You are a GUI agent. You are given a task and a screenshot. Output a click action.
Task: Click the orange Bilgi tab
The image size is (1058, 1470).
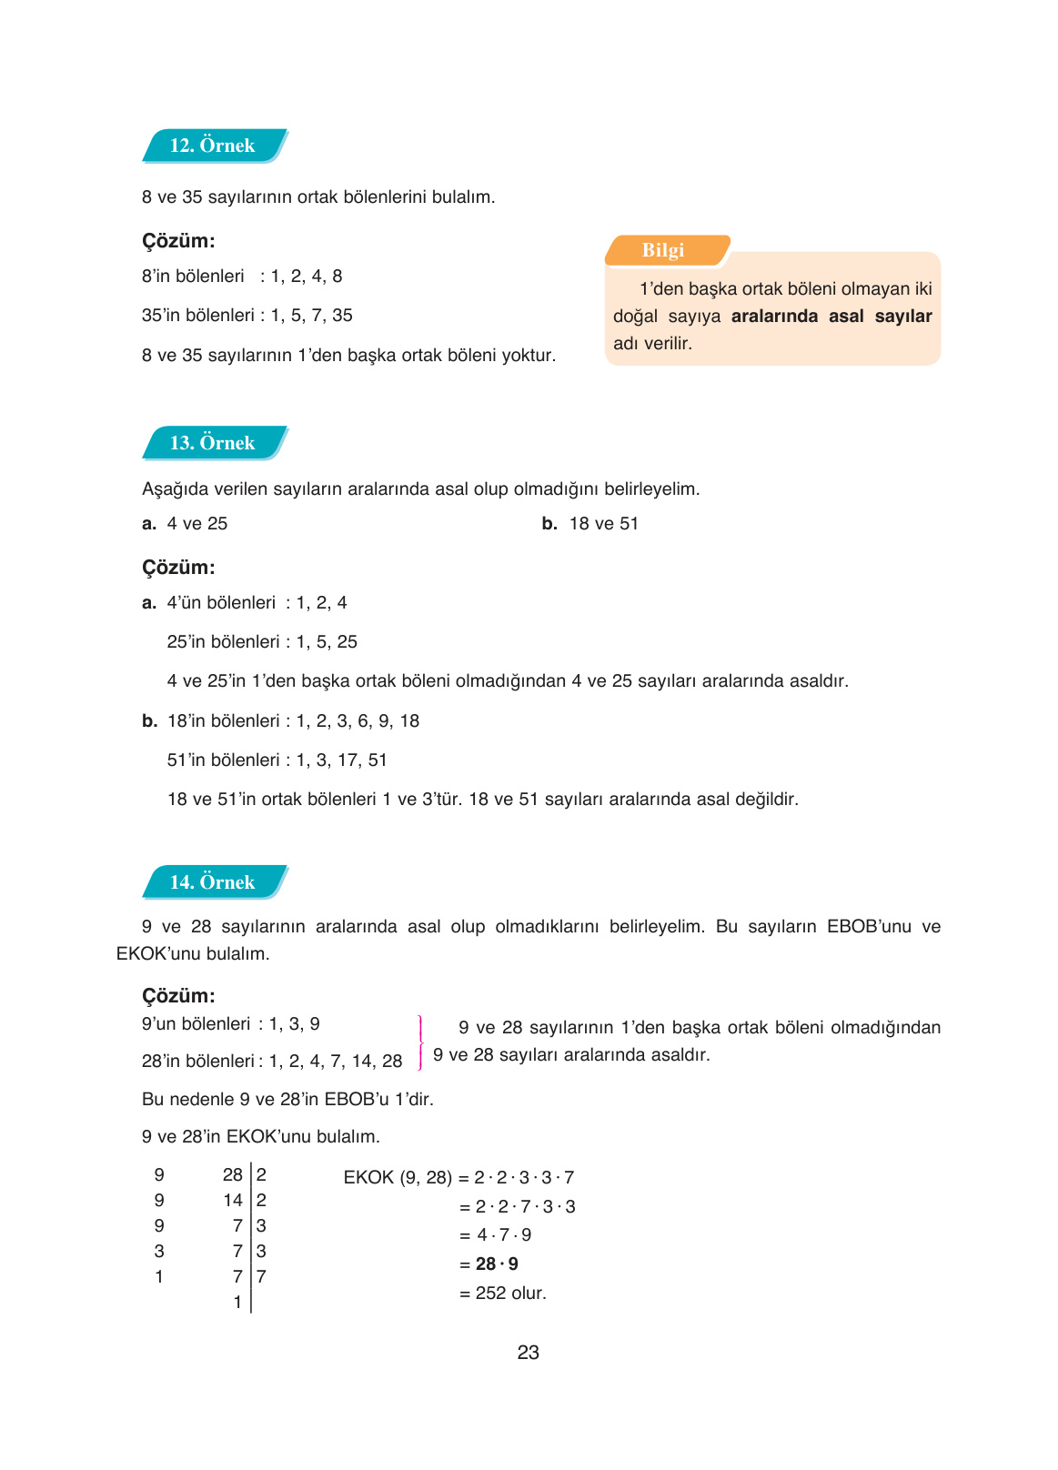coord(664,250)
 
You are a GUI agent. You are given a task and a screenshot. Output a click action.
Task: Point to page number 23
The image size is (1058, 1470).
coord(528,1353)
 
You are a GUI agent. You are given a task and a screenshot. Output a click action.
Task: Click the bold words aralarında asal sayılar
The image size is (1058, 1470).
coord(831,317)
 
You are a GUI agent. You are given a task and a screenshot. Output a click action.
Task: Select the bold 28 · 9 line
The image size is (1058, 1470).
coord(497,1264)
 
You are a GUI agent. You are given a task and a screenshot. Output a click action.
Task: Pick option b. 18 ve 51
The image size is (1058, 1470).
coord(591,524)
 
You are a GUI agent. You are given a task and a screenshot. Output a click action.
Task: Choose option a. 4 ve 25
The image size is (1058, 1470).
coord(186,524)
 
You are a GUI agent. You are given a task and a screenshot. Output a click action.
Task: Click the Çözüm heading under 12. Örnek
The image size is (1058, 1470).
coord(178,241)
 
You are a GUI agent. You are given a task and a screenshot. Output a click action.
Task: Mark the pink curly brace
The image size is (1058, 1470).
coord(419,1042)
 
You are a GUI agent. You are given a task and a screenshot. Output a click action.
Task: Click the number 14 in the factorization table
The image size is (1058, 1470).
coord(233,1201)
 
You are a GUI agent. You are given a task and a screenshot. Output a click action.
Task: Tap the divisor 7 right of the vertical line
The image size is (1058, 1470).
coord(261,1277)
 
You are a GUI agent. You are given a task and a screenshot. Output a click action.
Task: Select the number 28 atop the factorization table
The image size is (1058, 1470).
coord(233,1175)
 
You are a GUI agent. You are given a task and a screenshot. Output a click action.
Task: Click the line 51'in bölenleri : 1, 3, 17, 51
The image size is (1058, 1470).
coord(277,760)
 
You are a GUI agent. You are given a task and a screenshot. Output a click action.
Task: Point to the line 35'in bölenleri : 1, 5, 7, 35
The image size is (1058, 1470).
coord(247,316)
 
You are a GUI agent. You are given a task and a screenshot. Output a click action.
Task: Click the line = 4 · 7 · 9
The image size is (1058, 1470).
coord(496,1235)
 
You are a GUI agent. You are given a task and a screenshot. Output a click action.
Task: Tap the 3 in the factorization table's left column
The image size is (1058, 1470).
coord(159,1252)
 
